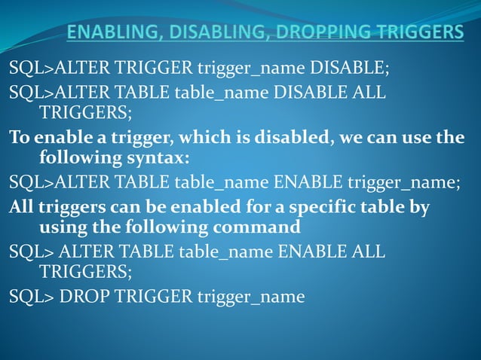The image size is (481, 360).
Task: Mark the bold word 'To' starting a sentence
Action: pyautogui.click(x=20, y=139)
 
